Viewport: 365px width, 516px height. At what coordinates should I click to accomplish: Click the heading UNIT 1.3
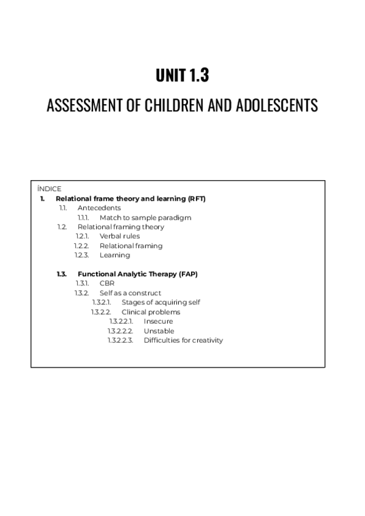click(182, 75)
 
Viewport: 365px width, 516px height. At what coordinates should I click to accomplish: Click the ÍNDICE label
click(49, 189)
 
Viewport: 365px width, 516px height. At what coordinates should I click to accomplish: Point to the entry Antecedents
click(99, 208)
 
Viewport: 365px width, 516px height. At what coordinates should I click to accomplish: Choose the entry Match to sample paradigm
click(145, 217)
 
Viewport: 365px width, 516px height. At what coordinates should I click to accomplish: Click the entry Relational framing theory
click(120, 227)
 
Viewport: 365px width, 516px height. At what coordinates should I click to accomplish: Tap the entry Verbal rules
click(119, 236)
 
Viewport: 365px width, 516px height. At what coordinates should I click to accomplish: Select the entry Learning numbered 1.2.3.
click(114, 255)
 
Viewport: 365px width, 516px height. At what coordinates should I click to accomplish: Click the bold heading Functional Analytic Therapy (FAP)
click(137, 274)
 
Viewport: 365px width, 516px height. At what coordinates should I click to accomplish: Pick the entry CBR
click(107, 284)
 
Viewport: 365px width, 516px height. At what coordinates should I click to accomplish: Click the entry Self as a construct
click(130, 293)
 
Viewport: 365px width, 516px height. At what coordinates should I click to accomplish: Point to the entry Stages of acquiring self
click(161, 302)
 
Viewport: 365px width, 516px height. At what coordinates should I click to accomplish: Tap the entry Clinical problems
click(151, 312)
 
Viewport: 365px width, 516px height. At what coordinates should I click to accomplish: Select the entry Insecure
click(158, 321)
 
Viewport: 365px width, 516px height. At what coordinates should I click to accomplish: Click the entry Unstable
click(159, 331)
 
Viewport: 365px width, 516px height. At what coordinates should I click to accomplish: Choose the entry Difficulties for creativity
click(183, 340)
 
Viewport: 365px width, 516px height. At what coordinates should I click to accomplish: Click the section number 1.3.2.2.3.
click(120, 340)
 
